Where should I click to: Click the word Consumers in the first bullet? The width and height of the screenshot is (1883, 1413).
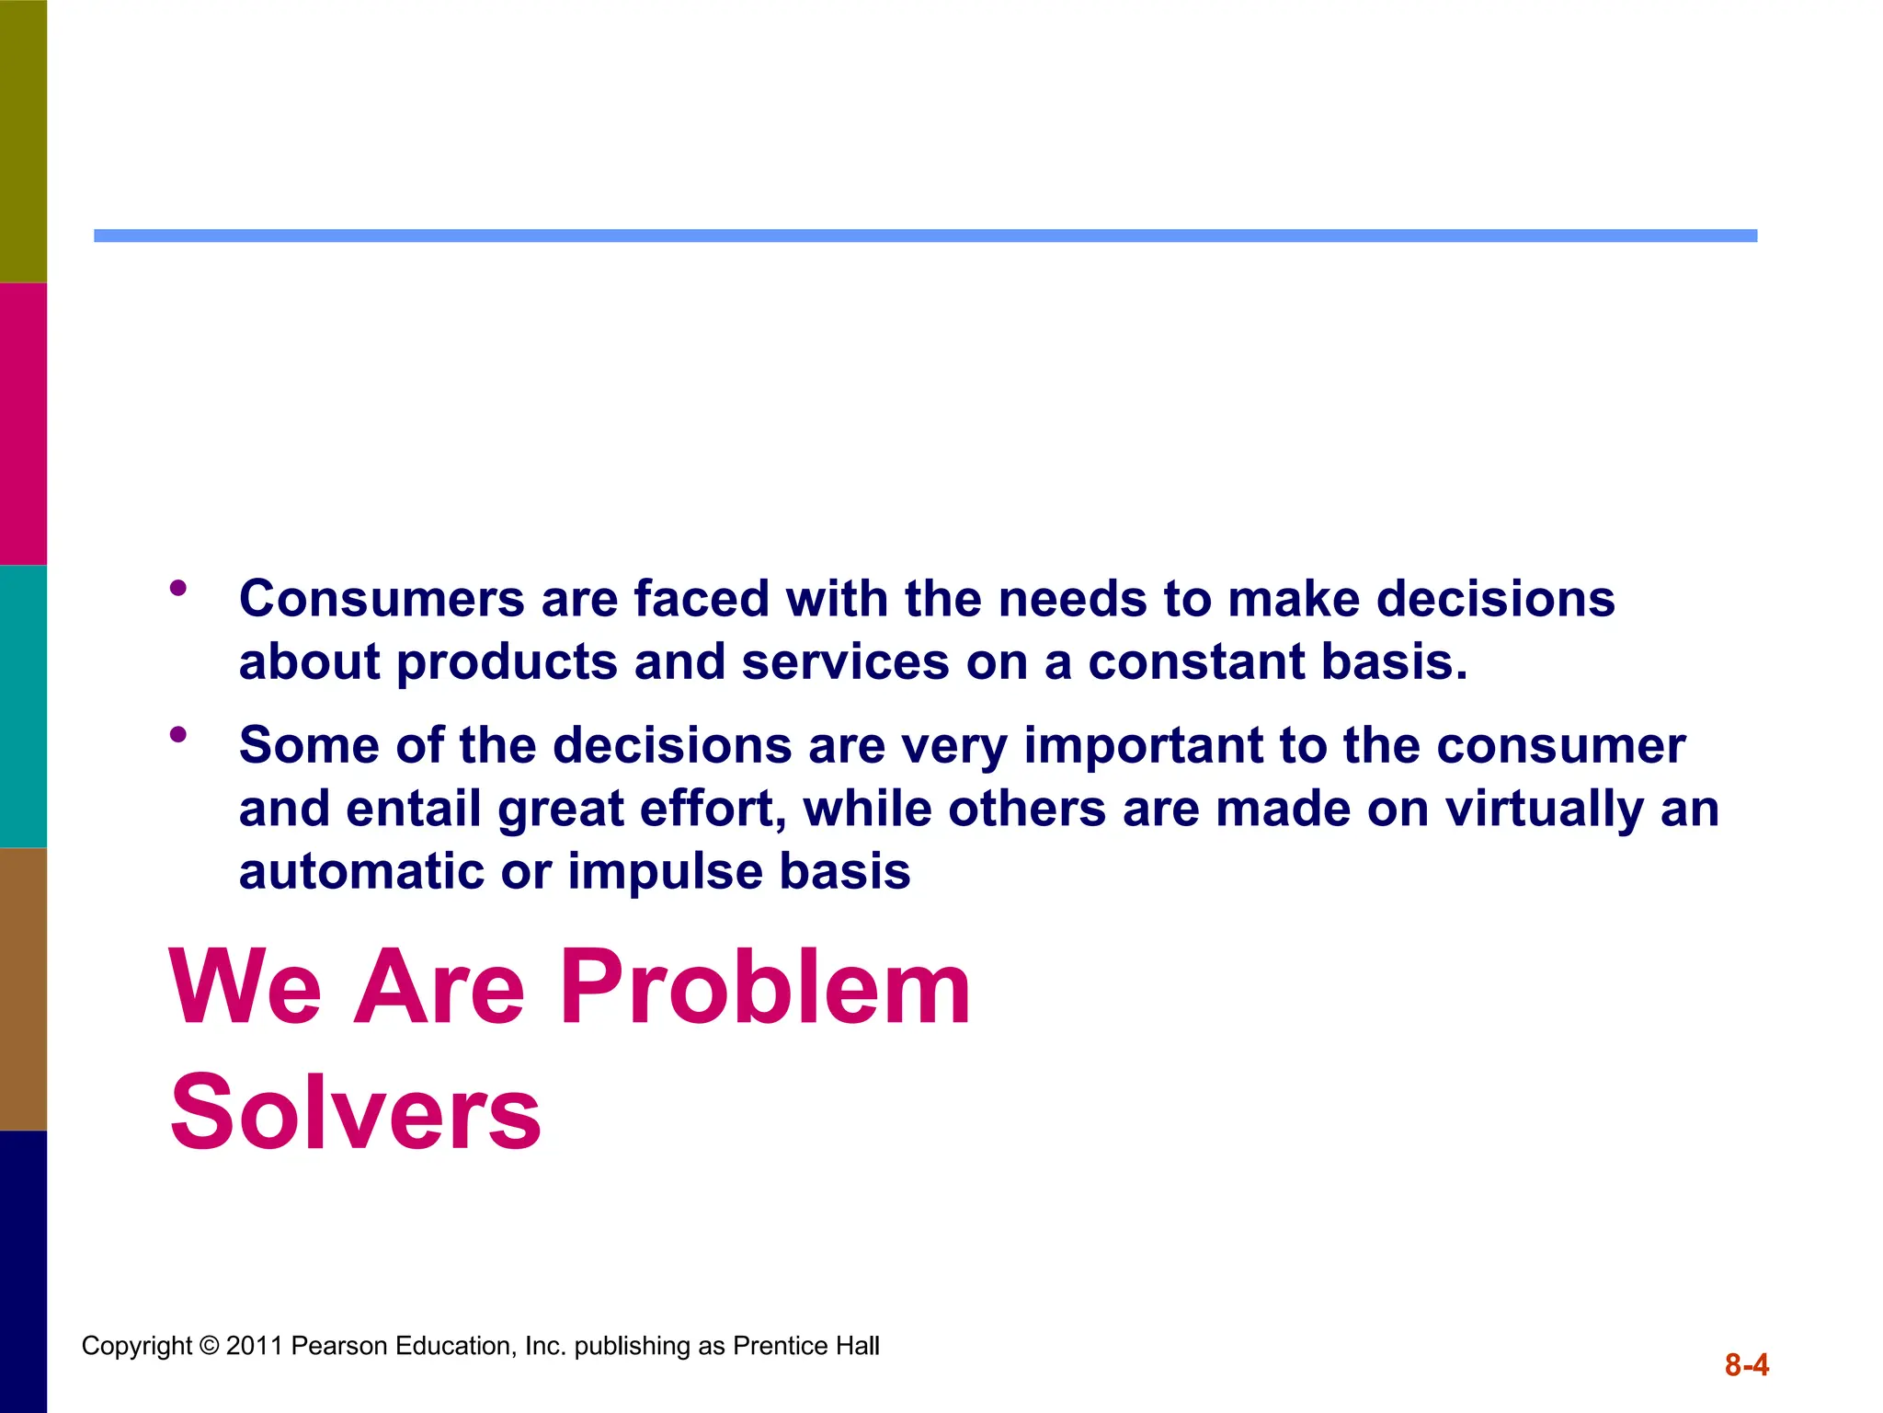click(382, 599)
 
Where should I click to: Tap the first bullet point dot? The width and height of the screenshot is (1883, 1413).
click(178, 588)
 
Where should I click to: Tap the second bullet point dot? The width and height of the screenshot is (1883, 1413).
click(178, 734)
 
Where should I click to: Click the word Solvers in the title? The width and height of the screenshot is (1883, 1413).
click(355, 1113)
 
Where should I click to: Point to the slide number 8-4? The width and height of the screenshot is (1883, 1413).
click(1746, 1365)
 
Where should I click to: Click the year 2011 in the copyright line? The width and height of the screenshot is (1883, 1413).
click(254, 1346)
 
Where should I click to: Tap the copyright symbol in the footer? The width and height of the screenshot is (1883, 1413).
click(209, 1346)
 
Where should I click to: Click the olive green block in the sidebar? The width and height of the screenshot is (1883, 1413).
click(23, 141)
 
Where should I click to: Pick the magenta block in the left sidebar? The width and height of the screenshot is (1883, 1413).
click(23, 423)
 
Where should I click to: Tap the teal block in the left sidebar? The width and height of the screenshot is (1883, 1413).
click(23, 706)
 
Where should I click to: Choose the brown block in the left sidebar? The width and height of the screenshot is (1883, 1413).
click(23, 988)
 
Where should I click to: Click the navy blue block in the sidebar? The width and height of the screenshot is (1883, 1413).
click(23, 1271)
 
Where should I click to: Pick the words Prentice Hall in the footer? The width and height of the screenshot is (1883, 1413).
click(805, 1346)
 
